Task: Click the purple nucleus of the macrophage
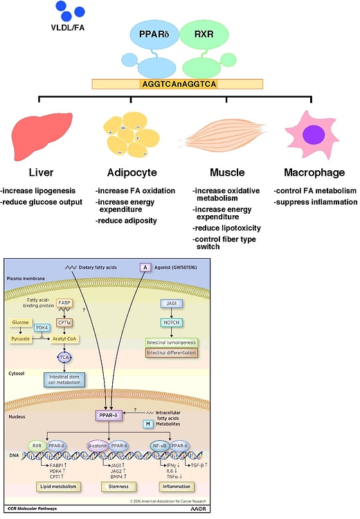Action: (x=314, y=133)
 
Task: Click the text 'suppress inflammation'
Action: (x=310, y=201)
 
